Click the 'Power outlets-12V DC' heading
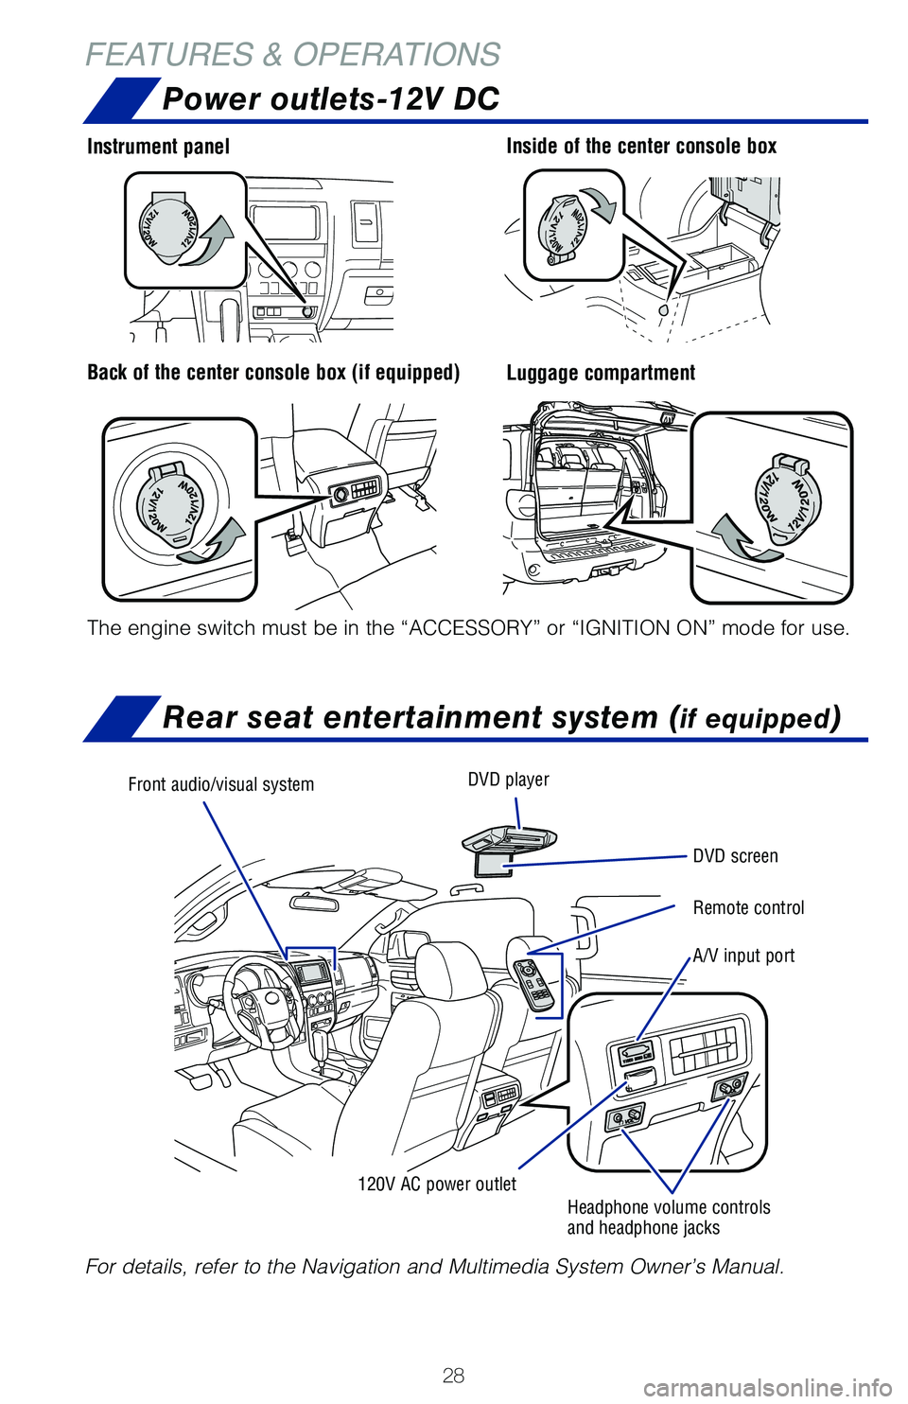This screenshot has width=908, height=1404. coord(330,99)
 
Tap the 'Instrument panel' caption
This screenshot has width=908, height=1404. coord(158,147)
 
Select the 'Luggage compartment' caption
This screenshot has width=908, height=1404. coord(601,373)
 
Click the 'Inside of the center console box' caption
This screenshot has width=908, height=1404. coord(641,147)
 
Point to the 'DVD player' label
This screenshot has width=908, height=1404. coord(508,780)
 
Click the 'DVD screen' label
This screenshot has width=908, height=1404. coord(735,856)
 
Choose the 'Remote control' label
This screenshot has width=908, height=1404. coord(748,908)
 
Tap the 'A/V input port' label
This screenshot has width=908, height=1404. coord(743,956)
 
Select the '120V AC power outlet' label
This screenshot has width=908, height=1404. coord(436,1185)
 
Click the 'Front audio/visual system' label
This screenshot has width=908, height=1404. coord(220,784)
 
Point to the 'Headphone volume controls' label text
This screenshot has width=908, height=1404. coord(669,1207)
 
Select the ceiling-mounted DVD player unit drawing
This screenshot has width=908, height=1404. coord(510,839)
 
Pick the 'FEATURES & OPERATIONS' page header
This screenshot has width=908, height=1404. coord(293,55)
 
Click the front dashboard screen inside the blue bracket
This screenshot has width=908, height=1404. coord(311,973)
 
